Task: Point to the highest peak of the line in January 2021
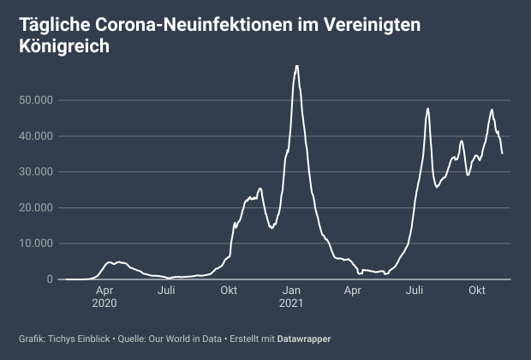(x=296, y=66)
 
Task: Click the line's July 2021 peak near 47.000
(x=427, y=109)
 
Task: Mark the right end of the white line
(x=502, y=153)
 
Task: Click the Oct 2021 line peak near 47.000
(x=492, y=110)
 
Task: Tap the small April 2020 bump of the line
(x=110, y=262)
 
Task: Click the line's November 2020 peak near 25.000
(x=260, y=189)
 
